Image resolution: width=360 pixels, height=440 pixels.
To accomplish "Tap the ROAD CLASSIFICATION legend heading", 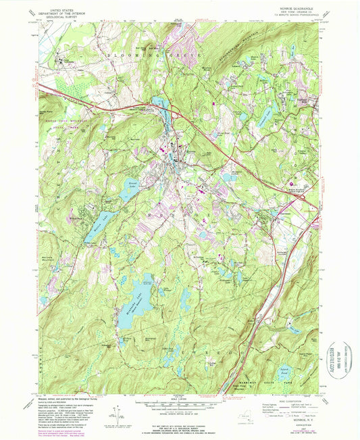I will (284, 399).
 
